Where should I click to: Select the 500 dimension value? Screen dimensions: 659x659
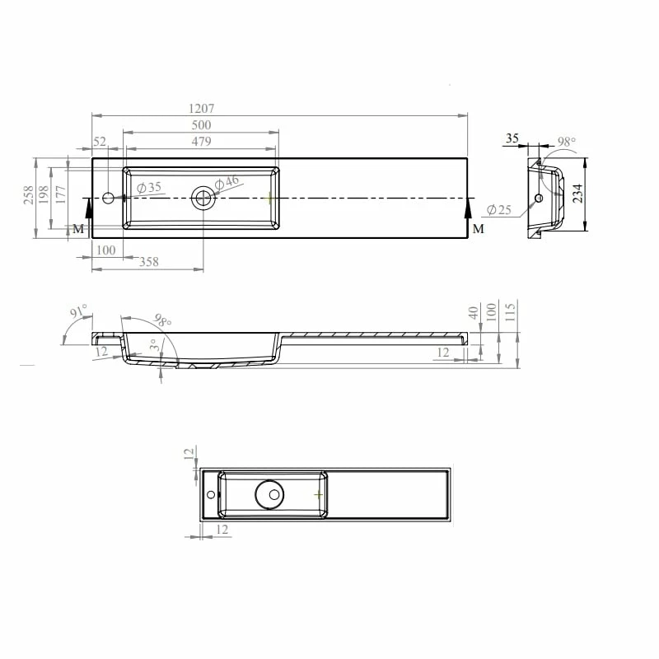coord(201,125)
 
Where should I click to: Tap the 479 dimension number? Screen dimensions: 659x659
coord(201,141)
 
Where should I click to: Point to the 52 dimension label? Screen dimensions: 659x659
coord(100,141)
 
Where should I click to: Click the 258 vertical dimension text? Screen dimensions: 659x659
coord(29,195)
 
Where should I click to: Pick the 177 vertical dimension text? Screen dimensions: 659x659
coord(60,195)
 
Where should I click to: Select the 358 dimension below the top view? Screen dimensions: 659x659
coord(148,262)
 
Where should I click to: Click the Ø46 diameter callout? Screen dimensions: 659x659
coord(227,182)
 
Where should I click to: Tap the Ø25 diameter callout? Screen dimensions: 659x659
coord(499,210)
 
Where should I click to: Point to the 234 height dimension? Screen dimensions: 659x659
coord(578,194)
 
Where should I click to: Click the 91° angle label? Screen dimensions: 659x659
coord(78,312)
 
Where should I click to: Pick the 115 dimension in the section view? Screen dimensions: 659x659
coord(511,312)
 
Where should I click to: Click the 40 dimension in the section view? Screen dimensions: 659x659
coord(473,313)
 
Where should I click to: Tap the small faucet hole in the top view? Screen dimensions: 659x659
coord(108,198)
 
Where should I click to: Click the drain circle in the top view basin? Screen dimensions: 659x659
coord(203,198)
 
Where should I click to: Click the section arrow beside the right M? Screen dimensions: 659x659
coord(469,216)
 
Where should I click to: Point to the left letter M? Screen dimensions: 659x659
coord(78,228)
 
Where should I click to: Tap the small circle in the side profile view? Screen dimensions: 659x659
coord(540,198)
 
